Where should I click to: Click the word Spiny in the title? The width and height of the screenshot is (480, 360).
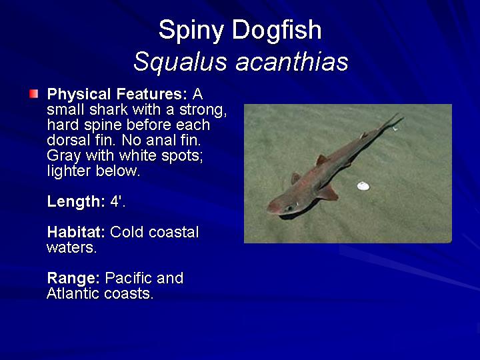click(x=191, y=31)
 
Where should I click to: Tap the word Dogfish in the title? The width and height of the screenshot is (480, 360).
click(x=277, y=31)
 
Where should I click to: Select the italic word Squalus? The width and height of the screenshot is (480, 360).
click(x=180, y=63)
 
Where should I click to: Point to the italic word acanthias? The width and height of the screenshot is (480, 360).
click(x=292, y=62)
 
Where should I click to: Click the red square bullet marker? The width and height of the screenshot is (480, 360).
click(x=34, y=94)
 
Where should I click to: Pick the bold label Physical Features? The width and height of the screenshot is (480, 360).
click(x=117, y=94)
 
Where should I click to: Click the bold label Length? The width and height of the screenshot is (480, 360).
click(x=76, y=201)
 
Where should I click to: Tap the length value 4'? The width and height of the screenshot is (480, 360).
click(x=117, y=201)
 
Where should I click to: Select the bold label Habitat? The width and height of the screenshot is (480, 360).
click(x=76, y=232)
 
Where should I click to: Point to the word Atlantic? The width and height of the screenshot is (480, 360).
click(x=73, y=293)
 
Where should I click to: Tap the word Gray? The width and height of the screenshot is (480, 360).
click(x=63, y=156)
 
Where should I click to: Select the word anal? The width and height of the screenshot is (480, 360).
click(x=161, y=140)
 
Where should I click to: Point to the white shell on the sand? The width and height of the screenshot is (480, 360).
click(x=363, y=186)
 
